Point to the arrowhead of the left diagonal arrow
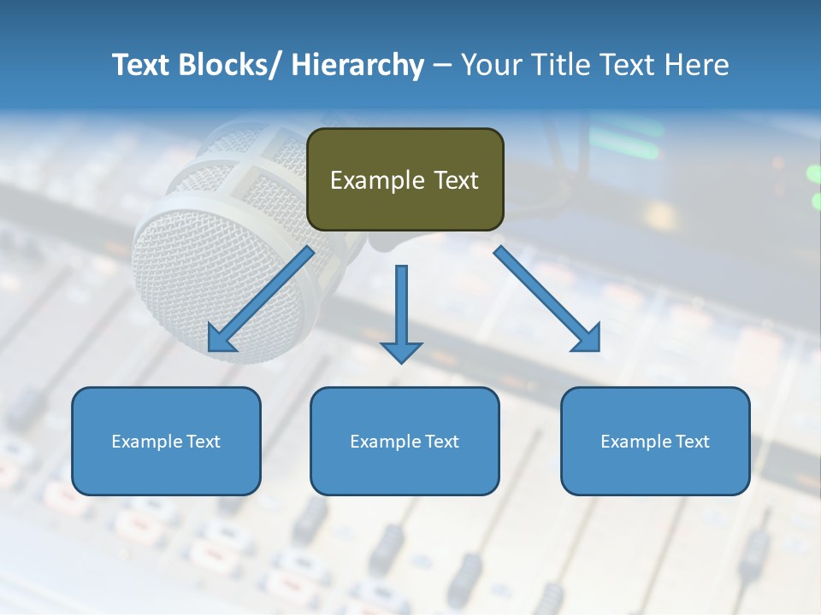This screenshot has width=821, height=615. coord(221,340)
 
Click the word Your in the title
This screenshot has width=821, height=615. coord(491,65)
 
